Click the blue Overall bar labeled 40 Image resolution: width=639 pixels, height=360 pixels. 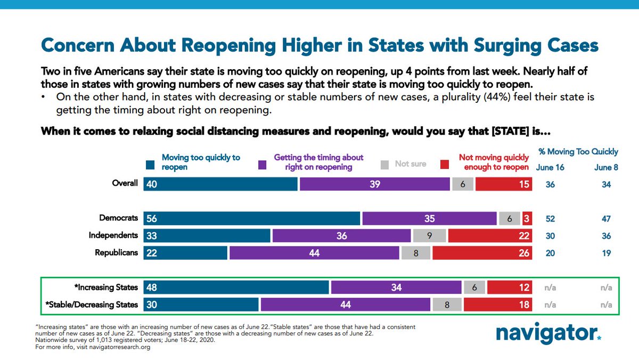pyautogui.click(x=220, y=184)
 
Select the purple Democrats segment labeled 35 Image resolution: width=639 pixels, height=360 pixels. pyautogui.click(x=429, y=218)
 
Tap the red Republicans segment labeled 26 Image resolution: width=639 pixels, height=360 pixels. pyautogui.click(x=482, y=253)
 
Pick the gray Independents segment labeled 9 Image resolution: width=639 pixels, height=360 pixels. pyautogui.click(x=429, y=236)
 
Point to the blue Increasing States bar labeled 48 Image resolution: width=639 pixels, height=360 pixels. pyautogui.click(x=236, y=288)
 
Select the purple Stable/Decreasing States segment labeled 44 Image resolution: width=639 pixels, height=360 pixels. pyautogui.click(x=345, y=305)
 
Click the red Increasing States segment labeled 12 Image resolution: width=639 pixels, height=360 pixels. pyautogui.click(x=509, y=288)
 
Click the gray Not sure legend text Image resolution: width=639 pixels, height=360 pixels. pyautogui.click(x=411, y=163)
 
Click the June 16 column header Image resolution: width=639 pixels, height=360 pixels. pyautogui.click(x=550, y=168)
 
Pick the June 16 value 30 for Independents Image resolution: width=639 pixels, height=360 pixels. pyautogui.click(x=550, y=236)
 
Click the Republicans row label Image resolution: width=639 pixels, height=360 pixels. pyautogui.click(x=116, y=252)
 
